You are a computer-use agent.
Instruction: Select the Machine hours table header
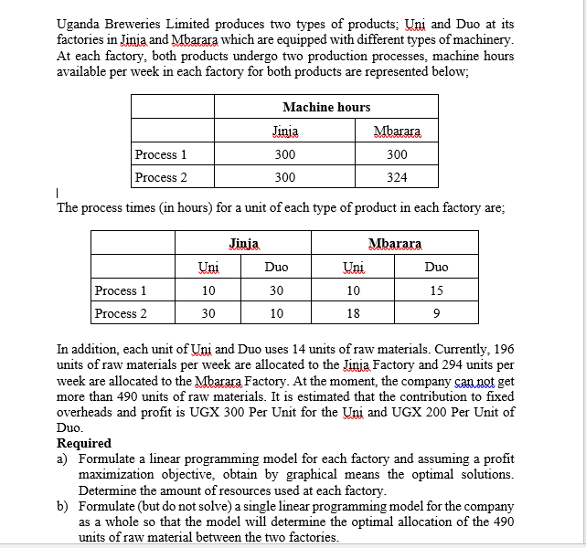click(326, 107)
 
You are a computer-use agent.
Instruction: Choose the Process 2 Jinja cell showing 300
click(284, 177)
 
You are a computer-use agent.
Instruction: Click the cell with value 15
click(436, 290)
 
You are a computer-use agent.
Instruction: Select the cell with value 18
click(352, 313)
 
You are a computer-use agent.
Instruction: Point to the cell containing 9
click(436, 313)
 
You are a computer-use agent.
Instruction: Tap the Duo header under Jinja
click(276, 267)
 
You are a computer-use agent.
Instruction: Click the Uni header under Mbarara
click(352, 267)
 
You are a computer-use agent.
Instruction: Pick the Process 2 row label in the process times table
click(121, 313)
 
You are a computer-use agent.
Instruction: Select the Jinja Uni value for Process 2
click(208, 313)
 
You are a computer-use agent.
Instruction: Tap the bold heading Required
click(84, 443)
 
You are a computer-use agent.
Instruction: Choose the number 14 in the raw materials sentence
click(259, 349)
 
